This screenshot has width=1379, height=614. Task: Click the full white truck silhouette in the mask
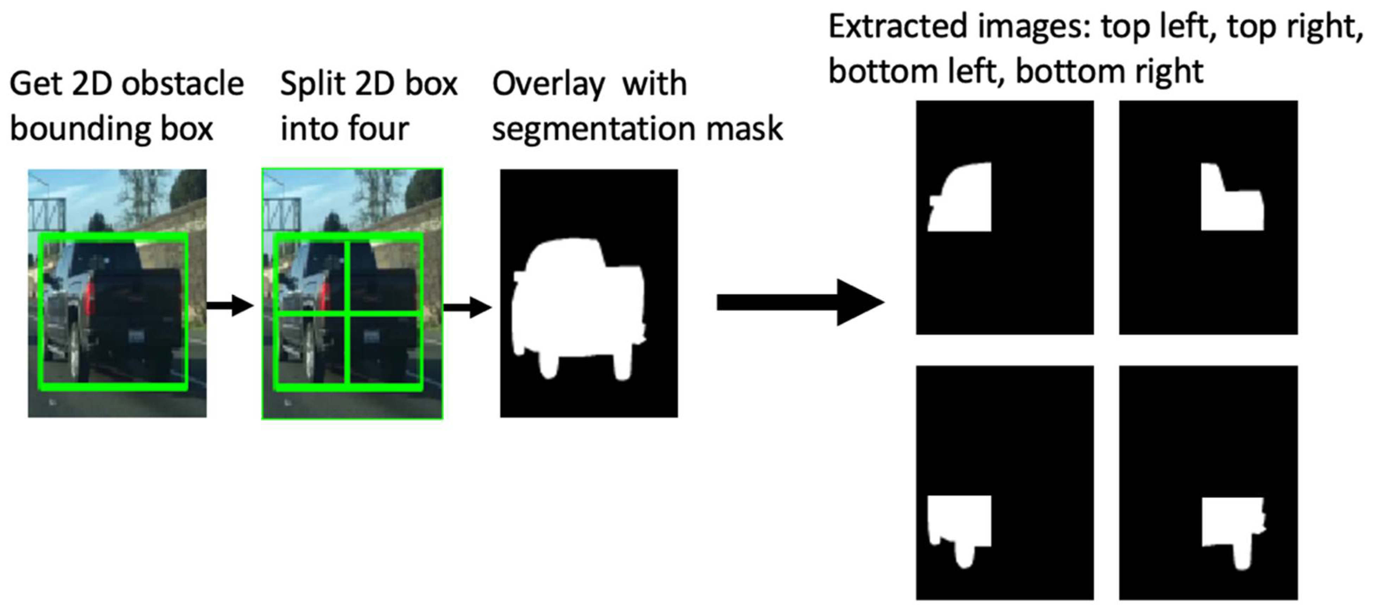pos(578,305)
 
